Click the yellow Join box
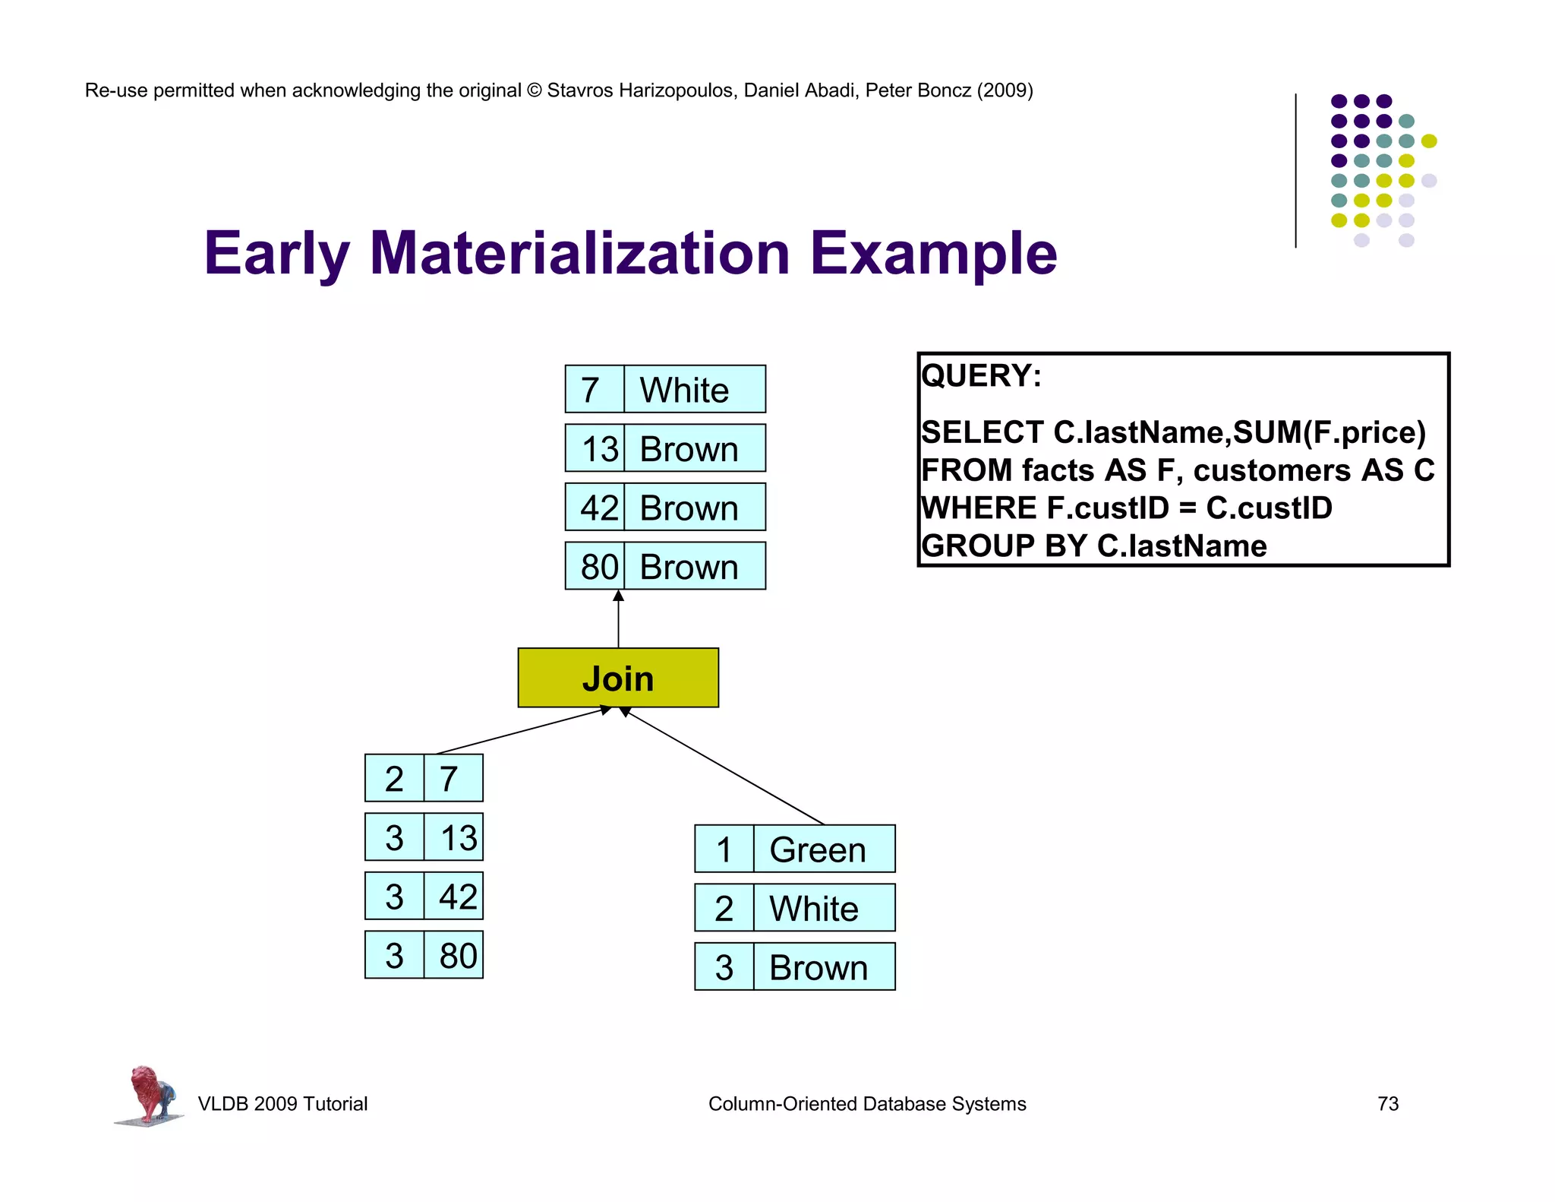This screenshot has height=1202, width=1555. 617,678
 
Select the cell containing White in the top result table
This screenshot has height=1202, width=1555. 694,389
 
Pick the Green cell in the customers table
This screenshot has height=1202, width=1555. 824,849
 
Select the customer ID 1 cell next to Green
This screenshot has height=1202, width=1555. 724,849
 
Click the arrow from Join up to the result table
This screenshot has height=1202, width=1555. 618,619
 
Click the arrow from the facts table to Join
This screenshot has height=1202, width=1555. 524,730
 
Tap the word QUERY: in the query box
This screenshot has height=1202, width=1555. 981,376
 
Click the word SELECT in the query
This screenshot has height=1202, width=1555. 982,432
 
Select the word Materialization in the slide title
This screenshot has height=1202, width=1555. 579,253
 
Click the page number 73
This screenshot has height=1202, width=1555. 1387,1103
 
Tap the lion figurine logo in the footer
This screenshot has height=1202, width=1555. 150,1094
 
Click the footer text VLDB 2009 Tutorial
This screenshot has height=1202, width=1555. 282,1103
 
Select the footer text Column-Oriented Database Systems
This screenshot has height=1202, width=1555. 866,1103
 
